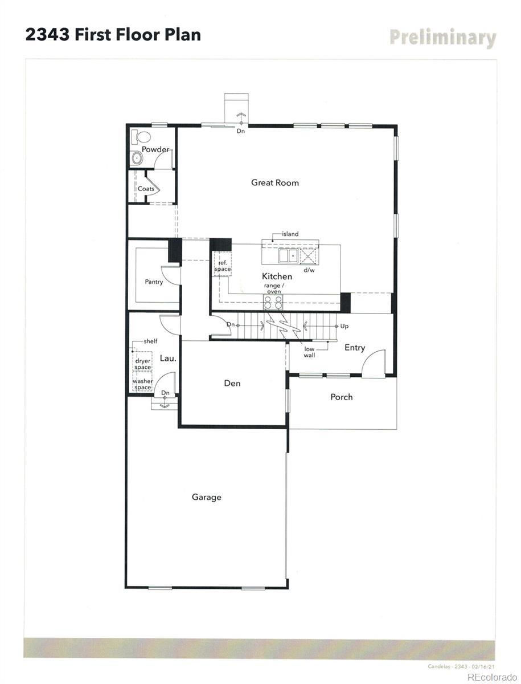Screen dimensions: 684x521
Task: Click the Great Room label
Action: (x=275, y=183)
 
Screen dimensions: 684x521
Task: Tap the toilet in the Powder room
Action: (x=141, y=137)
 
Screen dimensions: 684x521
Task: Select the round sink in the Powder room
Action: (x=137, y=158)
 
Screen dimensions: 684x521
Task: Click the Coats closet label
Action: (x=146, y=189)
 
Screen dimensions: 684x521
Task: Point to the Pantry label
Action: (x=154, y=282)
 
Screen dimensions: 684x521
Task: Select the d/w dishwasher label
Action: (x=309, y=270)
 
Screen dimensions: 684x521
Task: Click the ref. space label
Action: (x=223, y=266)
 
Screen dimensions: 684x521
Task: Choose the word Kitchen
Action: (x=277, y=276)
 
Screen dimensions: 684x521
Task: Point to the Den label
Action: (x=232, y=383)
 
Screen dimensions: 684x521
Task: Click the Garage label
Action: (x=206, y=497)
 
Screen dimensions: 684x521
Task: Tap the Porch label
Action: (x=342, y=397)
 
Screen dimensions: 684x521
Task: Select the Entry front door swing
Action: (x=374, y=363)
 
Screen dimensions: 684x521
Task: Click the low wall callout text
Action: (x=309, y=352)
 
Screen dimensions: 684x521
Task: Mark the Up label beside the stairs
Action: (x=344, y=326)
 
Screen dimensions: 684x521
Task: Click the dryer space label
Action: (x=143, y=364)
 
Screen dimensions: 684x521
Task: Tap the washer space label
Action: (x=142, y=384)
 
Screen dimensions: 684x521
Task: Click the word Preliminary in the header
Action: (x=442, y=38)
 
